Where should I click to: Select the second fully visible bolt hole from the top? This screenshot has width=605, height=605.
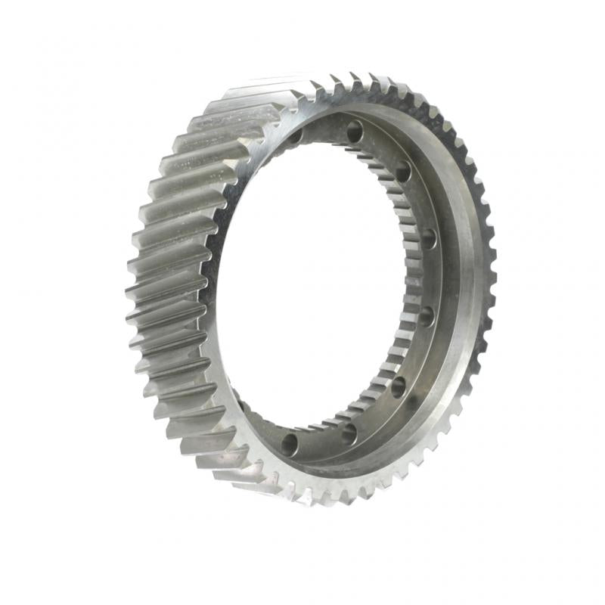[402, 172]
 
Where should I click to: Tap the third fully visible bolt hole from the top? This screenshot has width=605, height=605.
[428, 239]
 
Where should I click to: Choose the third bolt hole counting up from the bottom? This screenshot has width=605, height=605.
[398, 386]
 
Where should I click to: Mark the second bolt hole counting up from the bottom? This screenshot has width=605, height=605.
[349, 433]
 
